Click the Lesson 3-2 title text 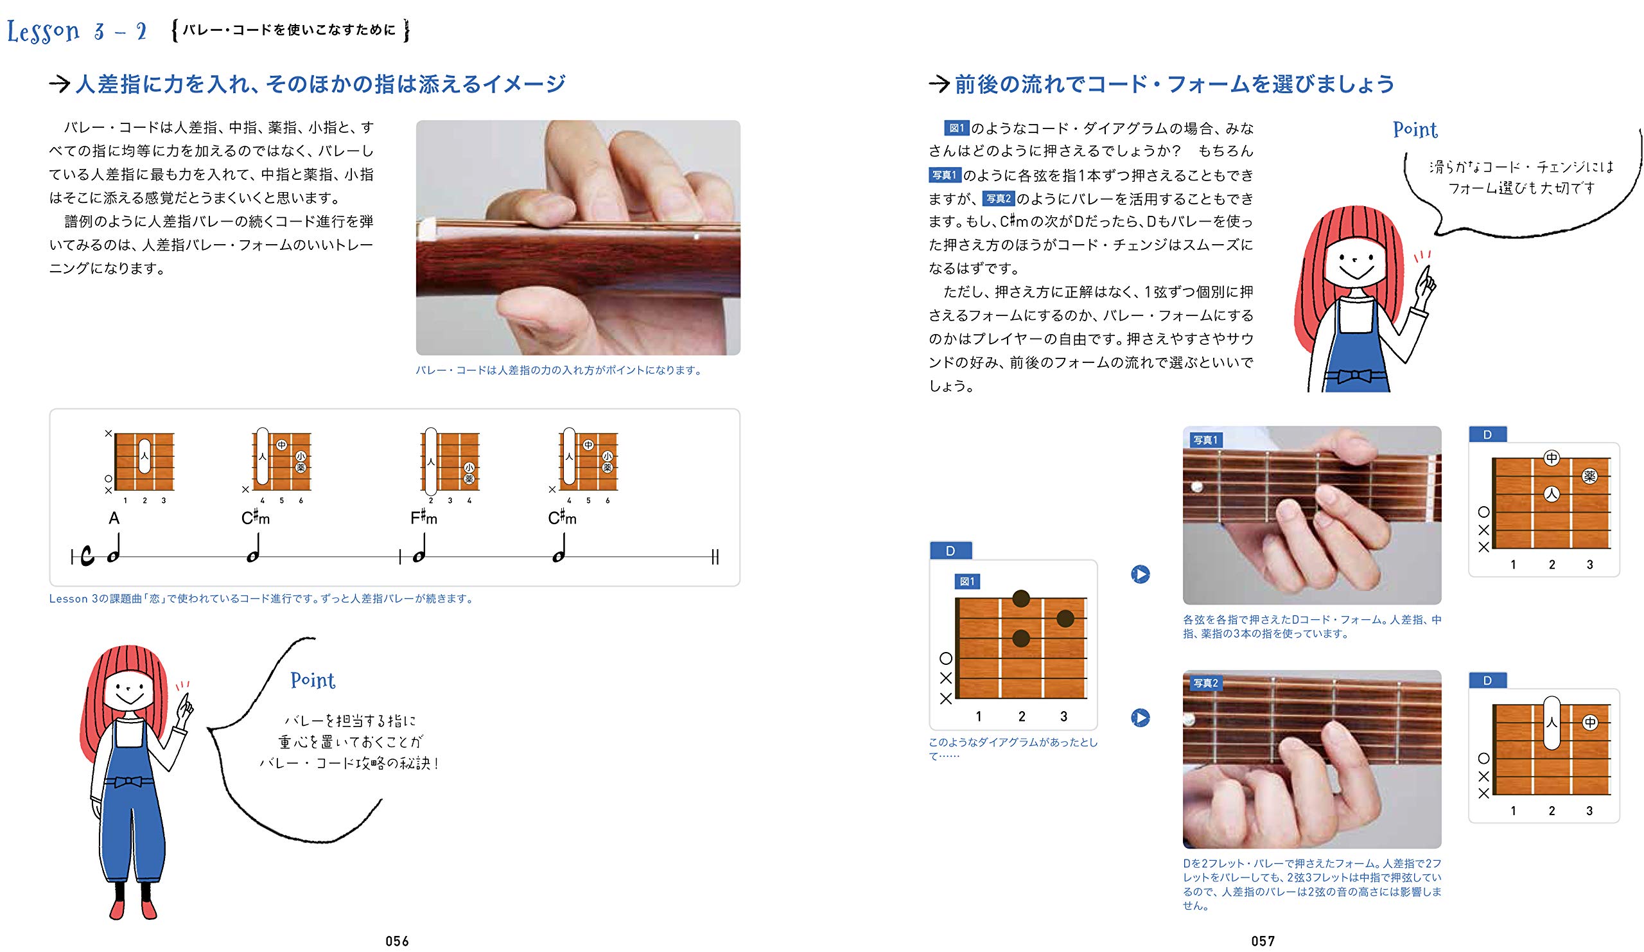coord(77,31)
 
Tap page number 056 coord(397,940)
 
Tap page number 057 coord(1263,940)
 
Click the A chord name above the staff coord(114,518)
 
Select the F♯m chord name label coord(424,518)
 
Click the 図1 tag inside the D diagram coord(967,581)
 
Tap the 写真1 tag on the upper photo coord(1205,440)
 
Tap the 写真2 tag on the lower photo coord(1205,683)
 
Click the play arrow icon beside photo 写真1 coord(1141,574)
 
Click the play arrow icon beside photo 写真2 coord(1141,718)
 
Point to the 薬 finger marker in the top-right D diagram coord(1589,477)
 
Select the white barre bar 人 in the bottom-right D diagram coord(1552,722)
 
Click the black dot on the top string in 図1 coord(1021,597)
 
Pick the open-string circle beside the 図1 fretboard coord(946,658)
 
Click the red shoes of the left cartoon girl coord(134,909)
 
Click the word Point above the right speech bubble coord(1415,129)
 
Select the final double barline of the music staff coord(715,556)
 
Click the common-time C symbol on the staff coord(87,556)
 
